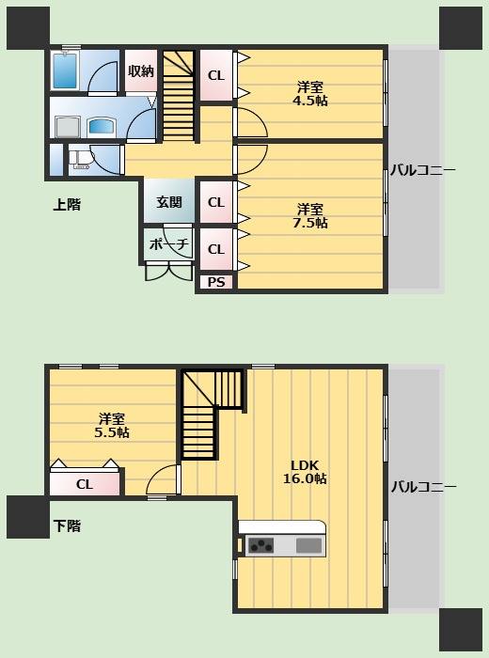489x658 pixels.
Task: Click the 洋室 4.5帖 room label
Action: [309, 94]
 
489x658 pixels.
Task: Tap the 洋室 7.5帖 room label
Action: [309, 215]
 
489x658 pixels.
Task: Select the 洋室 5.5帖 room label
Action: [112, 426]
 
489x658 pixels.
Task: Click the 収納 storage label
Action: [141, 71]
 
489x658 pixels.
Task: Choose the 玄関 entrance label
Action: [169, 202]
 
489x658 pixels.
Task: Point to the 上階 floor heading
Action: [66, 204]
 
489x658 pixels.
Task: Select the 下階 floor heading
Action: [66, 526]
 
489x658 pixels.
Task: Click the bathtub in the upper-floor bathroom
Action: [66, 70]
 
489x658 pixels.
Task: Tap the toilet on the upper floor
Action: [79, 161]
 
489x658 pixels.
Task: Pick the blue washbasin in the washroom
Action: [100, 126]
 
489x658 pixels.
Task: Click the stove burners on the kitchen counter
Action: [260, 545]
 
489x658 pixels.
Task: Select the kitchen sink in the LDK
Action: [308, 545]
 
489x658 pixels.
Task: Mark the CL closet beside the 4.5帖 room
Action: [215, 75]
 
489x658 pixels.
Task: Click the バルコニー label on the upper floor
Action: [423, 170]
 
